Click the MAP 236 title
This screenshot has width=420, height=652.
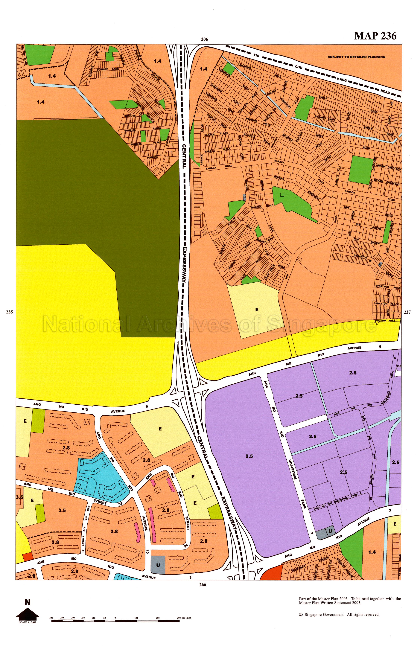pyautogui.click(x=375, y=36)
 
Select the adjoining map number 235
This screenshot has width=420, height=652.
pyautogui.click(x=9, y=312)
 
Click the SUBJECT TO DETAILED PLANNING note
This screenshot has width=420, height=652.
pyautogui.click(x=356, y=57)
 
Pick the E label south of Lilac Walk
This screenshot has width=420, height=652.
pyautogui.click(x=256, y=310)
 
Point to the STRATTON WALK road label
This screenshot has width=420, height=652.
pyautogui.click(x=385, y=321)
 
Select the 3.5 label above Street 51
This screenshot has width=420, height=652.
pyautogui.click(x=62, y=510)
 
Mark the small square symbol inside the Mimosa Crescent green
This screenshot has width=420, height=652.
pyautogui.click(x=282, y=194)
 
